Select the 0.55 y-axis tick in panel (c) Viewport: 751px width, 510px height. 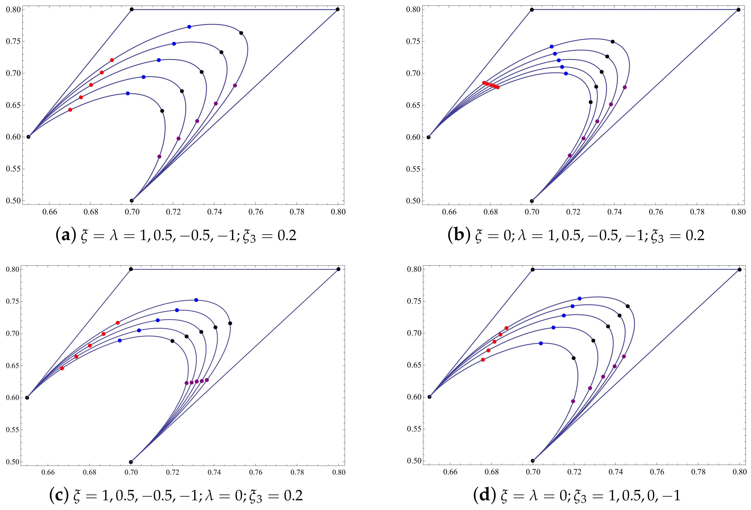click(x=13, y=430)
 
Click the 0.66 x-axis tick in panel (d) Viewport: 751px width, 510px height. click(x=450, y=472)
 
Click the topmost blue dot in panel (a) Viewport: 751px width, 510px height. click(x=189, y=27)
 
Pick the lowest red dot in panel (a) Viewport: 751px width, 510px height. click(x=70, y=110)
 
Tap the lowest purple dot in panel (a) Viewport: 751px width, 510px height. click(x=159, y=157)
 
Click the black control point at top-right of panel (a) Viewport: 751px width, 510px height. click(x=338, y=9)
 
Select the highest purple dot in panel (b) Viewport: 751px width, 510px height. click(x=625, y=87)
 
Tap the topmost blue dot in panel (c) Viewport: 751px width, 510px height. click(x=196, y=300)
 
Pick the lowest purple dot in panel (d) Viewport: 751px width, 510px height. click(x=573, y=401)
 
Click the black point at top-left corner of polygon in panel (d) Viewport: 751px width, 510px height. click(x=532, y=269)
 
